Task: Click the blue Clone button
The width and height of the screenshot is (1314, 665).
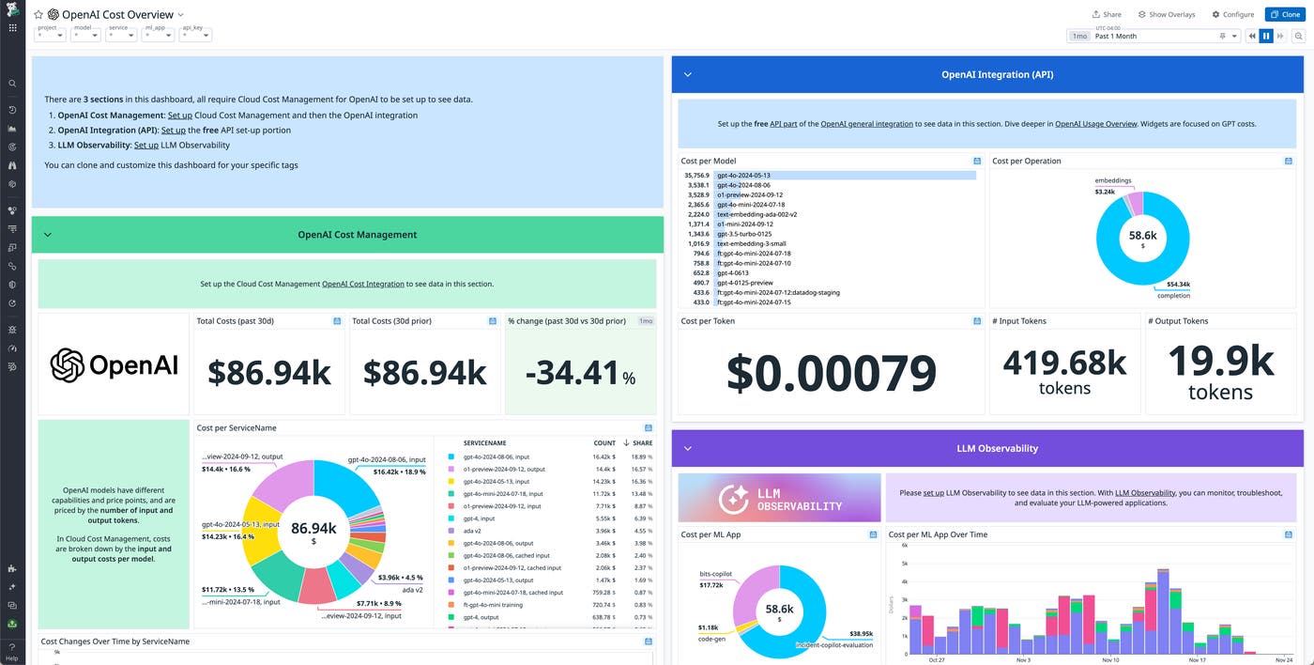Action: tap(1284, 14)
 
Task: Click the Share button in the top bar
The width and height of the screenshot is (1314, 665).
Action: tap(1107, 14)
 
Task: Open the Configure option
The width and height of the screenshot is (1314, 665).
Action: tap(1232, 14)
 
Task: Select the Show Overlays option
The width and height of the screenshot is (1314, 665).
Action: tap(1166, 14)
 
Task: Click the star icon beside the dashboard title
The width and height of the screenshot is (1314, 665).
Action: tap(38, 15)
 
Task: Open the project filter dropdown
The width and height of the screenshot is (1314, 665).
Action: tap(50, 35)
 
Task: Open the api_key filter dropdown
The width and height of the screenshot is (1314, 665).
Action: tap(195, 35)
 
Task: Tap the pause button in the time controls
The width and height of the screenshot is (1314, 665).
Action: tap(1266, 36)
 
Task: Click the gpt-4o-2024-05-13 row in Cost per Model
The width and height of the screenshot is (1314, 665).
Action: tap(742, 175)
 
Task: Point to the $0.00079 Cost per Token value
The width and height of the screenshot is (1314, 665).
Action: tap(831, 373)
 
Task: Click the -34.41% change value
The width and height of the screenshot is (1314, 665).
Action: tap(580, 373)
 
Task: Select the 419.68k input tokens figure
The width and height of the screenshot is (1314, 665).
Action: tap(1064, 362)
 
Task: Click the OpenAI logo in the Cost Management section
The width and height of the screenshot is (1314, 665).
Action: tap(114, 364)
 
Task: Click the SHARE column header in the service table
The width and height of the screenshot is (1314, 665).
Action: tap(642, 442)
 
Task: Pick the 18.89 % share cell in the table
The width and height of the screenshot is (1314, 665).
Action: tap(642, 456)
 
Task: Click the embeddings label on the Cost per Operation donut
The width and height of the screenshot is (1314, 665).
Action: tap(1112, 180)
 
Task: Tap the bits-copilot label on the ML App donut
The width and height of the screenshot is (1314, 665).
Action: tap(716, 573)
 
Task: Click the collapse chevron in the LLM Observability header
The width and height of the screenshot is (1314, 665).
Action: tap(687, 449)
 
